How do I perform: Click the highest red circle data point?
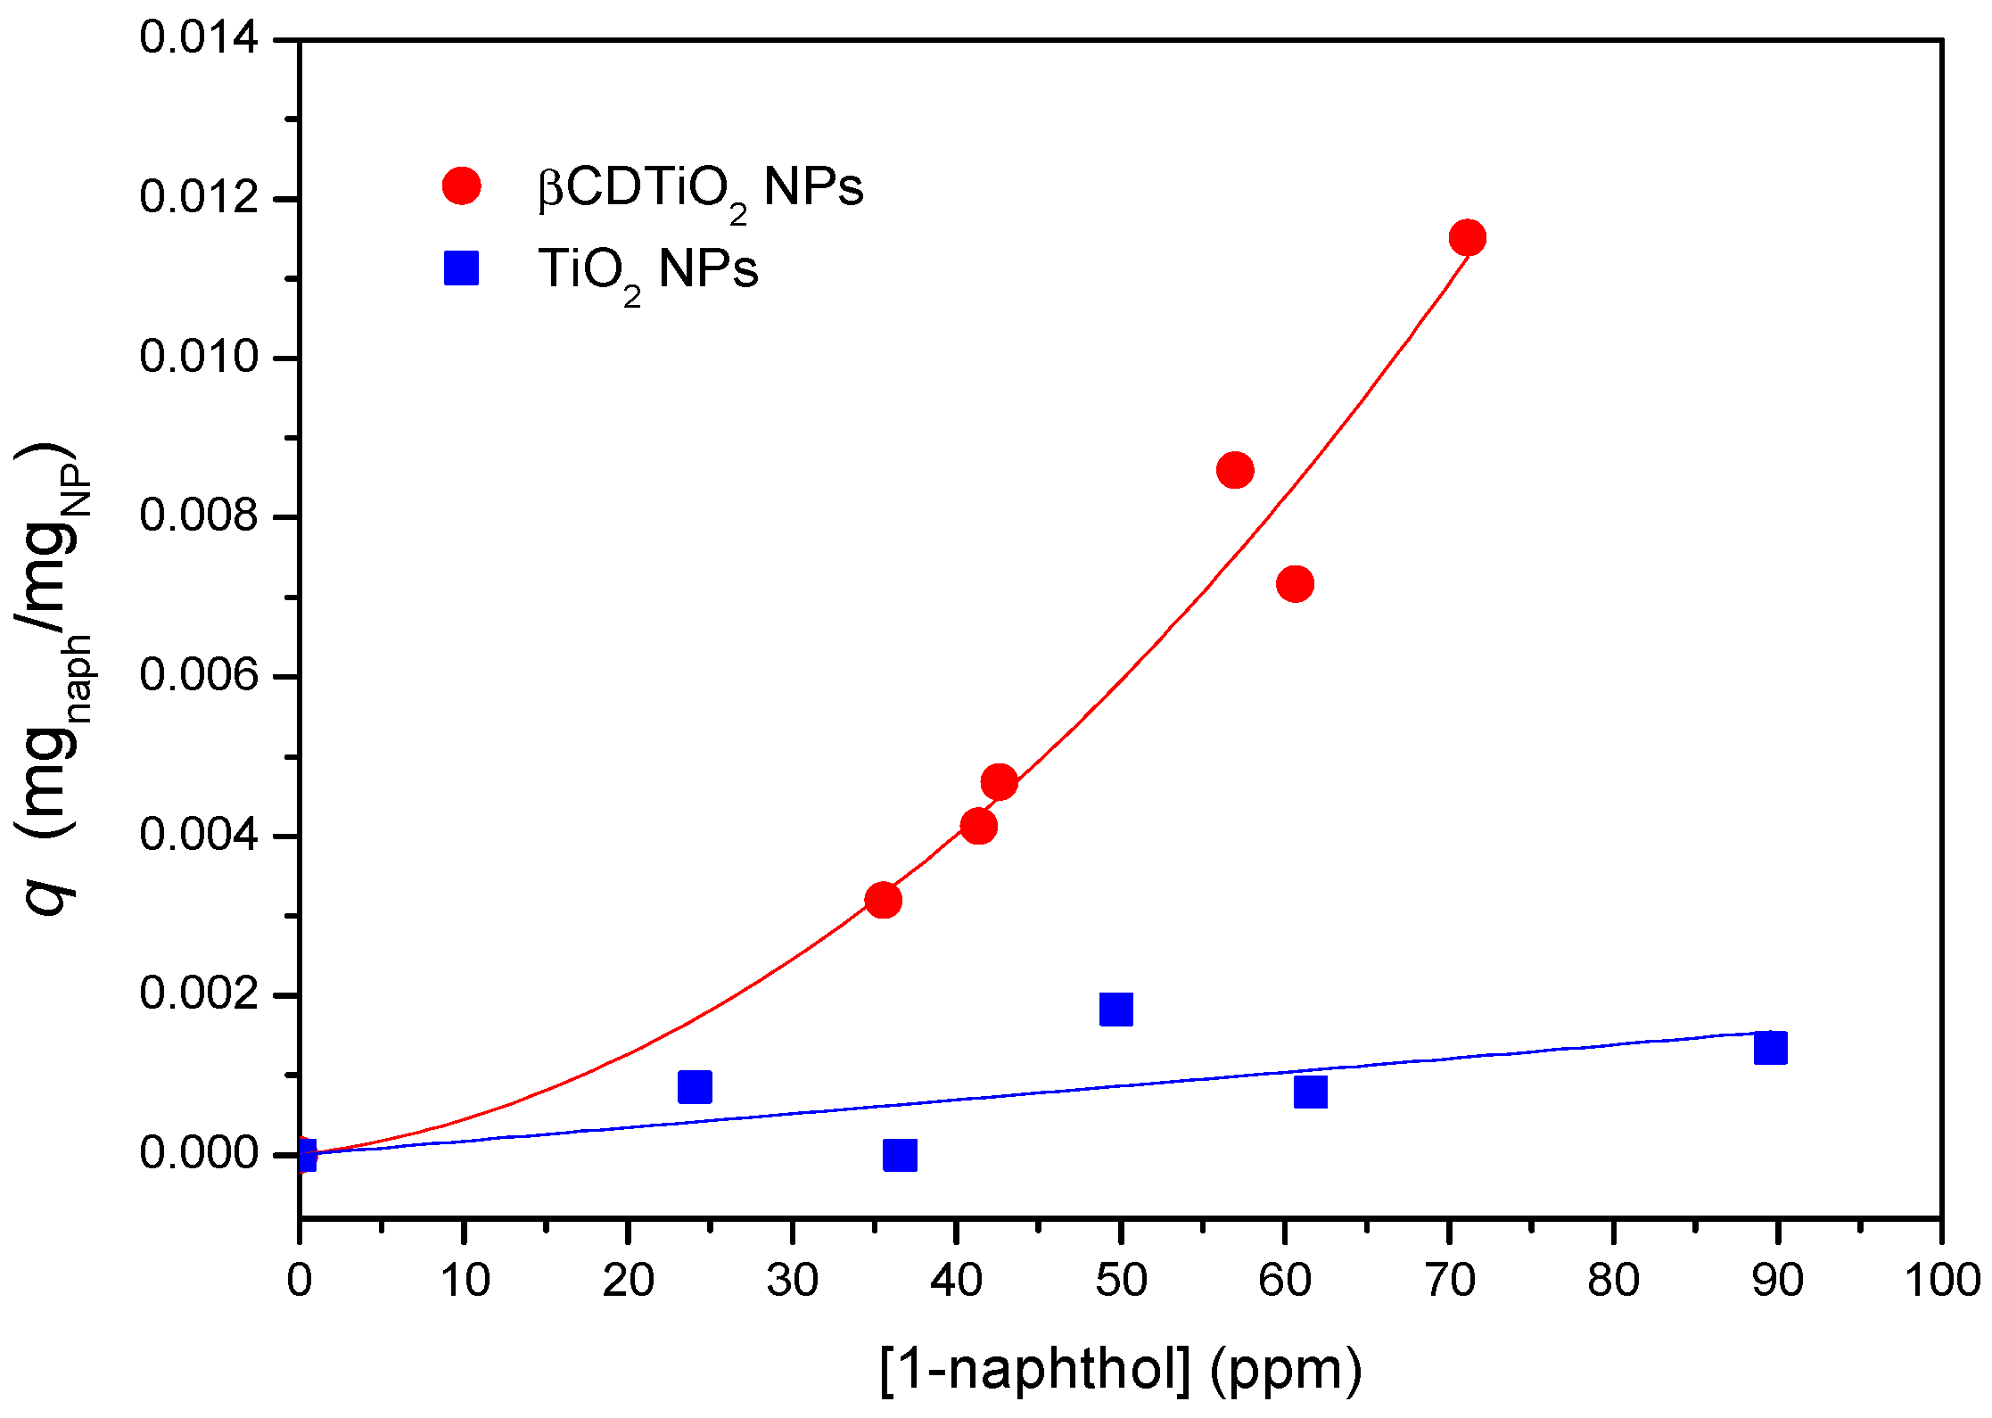click(1467, 238)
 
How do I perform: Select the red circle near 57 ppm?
click(1235, 470)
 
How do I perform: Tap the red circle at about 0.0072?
click(1295, 584)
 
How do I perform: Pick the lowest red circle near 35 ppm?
click(883, 900)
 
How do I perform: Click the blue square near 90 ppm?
click(1770, 1048)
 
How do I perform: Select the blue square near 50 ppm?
click(1116, 1010)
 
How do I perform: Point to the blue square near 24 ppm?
click(695, 1087)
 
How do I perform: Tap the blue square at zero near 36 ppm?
click(900, 1155)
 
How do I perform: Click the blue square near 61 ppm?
click(1310, 1092)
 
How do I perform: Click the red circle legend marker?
click(462, 185)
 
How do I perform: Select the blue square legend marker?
click(462, 268)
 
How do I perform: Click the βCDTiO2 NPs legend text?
click(700, 189)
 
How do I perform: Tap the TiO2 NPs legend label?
click(647, 270)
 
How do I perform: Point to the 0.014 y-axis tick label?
click(199, 39)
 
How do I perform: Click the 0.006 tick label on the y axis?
click(199, 676)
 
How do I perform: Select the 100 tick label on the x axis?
click(1941, 1281)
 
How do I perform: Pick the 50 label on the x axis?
click(1120, 1281)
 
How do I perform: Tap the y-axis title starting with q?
click(54, 678)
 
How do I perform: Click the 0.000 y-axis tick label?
click(199, 1154)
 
